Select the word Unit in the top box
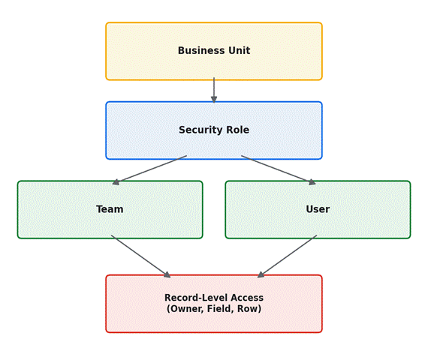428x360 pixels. (x=240, y=50)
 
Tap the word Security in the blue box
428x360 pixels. (x=197, y=130)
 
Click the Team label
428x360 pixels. (x=110, y=209)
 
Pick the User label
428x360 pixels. (x=318, y=209)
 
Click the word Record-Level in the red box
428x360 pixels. (x=194, y=298)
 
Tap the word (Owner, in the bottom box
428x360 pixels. (x=185, y=309)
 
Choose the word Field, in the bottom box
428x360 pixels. (x=221, y=309)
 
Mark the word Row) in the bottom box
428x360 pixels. (x=249, y=309)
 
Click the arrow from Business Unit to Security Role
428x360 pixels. (x=214, y=90)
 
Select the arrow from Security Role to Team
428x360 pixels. (x=149, y=170)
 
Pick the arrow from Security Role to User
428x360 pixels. (x=279, y=170)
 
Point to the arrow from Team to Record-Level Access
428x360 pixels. (x=141, y=256)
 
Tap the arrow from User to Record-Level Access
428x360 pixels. (x=287, y=256)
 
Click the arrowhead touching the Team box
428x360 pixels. (x=116, y=182)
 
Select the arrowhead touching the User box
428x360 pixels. (x=312, y=182)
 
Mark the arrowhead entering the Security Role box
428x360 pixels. (x=214, y=99)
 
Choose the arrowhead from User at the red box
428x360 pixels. (x=261, y=274)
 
